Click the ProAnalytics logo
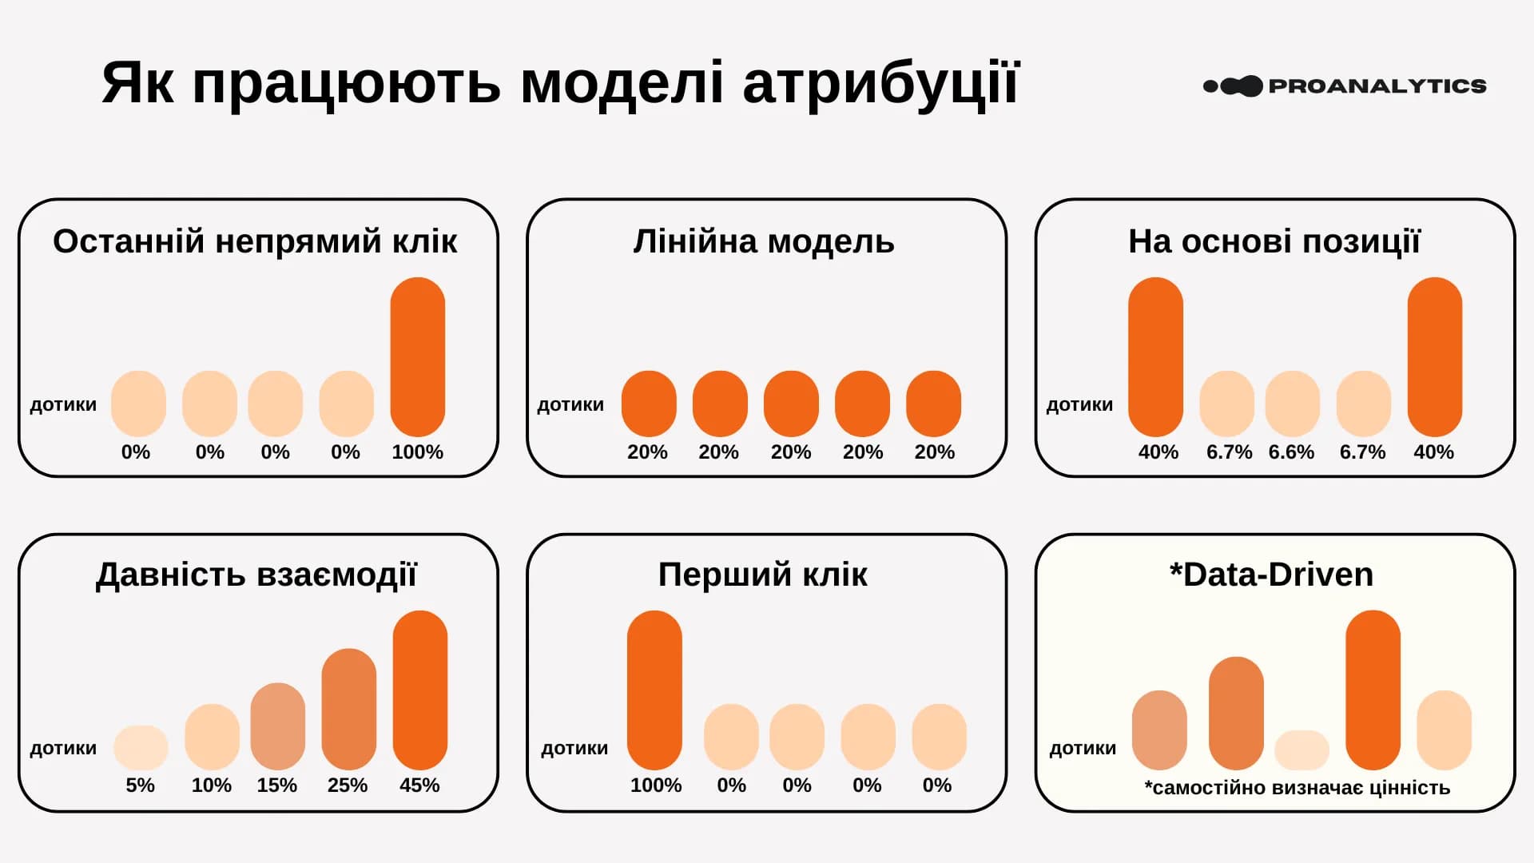click(1344, 86)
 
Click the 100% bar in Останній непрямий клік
click(417, 356)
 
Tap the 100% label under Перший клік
click(655, 785)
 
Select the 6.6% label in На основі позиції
click(1290, 451)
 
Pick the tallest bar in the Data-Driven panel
click(1372, 690)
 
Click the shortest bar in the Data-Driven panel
click(1301, 750)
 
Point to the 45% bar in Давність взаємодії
click(419, 690)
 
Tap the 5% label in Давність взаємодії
click(140, 785)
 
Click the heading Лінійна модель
click(763, 241)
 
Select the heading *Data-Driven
click(1270, 575)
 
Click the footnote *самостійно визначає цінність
click(1296, 788)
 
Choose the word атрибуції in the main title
click(880, 83)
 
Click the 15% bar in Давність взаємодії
click(277, 726)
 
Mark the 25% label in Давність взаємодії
click(347, 785)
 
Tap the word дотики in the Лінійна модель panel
click(570, 404)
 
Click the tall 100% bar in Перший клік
click(654, 690)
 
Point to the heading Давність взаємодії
click(256, 575)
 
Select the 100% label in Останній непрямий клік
click(417, 451)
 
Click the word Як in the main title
click(137, 83)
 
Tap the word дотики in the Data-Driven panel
click(1082, 748)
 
